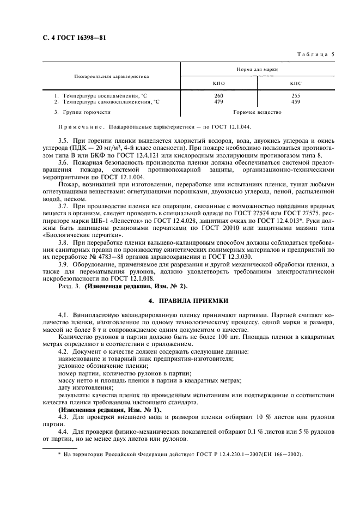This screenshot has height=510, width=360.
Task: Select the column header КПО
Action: tap(219, 83)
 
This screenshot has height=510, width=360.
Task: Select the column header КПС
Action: tap(296, 83)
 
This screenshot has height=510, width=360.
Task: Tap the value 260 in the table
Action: tap(219, 96)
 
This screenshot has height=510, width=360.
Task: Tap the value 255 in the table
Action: tap(296, 96)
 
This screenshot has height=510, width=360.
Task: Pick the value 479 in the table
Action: tap(219, 101)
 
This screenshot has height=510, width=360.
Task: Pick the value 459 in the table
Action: tap(296, 101)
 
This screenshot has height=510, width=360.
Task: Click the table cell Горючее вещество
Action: tap(257, 112)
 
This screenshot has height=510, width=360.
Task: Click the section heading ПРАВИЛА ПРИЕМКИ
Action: tap(188, 301)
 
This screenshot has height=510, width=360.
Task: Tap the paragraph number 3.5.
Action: tap(63, 141)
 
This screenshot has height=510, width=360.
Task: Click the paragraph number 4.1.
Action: tap(63, 315)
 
